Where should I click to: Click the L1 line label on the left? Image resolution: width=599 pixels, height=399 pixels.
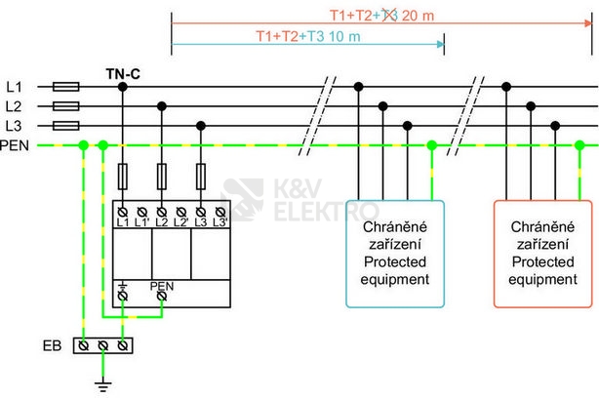13,87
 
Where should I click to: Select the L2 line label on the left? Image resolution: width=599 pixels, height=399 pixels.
13,106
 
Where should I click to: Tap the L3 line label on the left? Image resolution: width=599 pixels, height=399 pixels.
13,126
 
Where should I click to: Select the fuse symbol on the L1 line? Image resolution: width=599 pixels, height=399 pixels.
64,87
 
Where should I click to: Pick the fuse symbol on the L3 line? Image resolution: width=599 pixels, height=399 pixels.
64,126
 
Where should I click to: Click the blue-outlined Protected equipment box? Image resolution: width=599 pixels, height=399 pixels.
395,254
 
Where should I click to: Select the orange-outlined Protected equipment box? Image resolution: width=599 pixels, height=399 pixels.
542,254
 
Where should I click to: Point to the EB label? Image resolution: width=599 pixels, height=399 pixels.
55,345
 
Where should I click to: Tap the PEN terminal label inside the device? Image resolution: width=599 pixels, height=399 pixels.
161,287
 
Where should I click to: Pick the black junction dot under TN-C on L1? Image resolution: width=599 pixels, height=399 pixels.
123,87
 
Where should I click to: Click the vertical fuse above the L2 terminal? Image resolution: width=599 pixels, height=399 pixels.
162,177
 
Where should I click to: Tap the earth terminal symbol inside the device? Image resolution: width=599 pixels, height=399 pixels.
123,286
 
